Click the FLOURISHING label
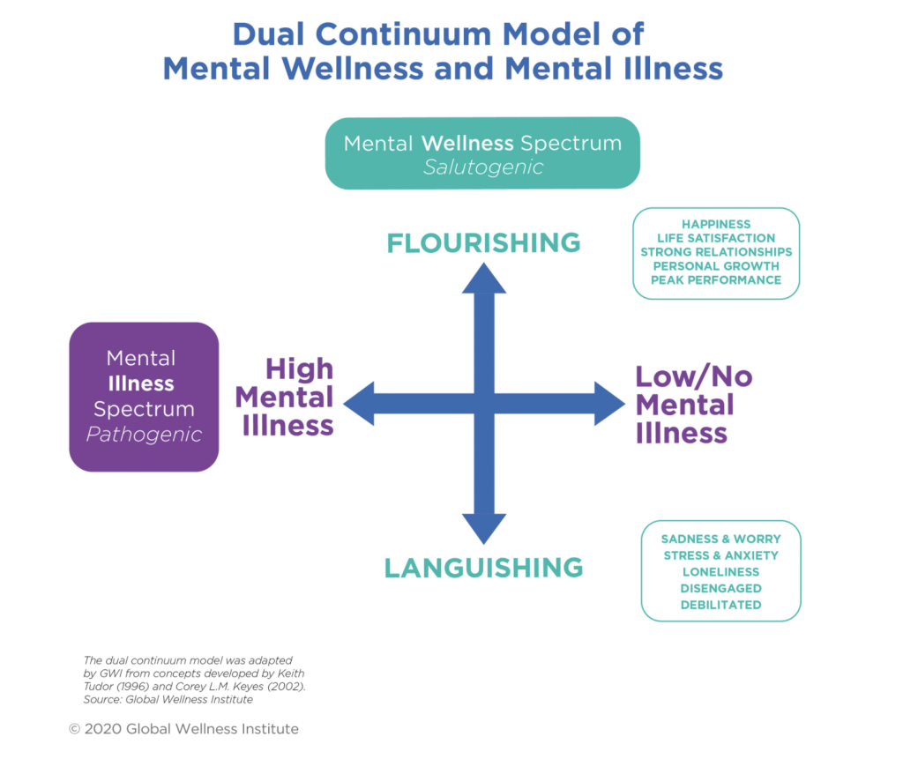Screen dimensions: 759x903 click(x=483, y=242)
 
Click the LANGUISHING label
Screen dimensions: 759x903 click(x=483, y=567)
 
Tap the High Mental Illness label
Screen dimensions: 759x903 click(x=285, y=397)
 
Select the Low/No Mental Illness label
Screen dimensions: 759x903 click(x=693, y=405)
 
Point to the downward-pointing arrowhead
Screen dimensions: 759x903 click(x=484, y=529)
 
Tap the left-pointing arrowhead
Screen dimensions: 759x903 click(x=360, y=404)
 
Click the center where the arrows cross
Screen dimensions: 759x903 click(x=484, y=404)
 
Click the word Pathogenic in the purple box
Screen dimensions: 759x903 click(x=144, y=435)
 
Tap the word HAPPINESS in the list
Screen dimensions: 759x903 click(x=715, y=224)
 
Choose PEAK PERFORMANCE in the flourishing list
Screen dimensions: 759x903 click(x=715, y=279)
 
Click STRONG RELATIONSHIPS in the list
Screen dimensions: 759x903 click(x=715, y=251)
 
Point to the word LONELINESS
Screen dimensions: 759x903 click(x=720, y=571)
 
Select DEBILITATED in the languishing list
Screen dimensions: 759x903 click(x=720, y=605)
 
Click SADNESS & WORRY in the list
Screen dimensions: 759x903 click(x=720, y=538)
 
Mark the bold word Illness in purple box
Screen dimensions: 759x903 click(x=141, y=383)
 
